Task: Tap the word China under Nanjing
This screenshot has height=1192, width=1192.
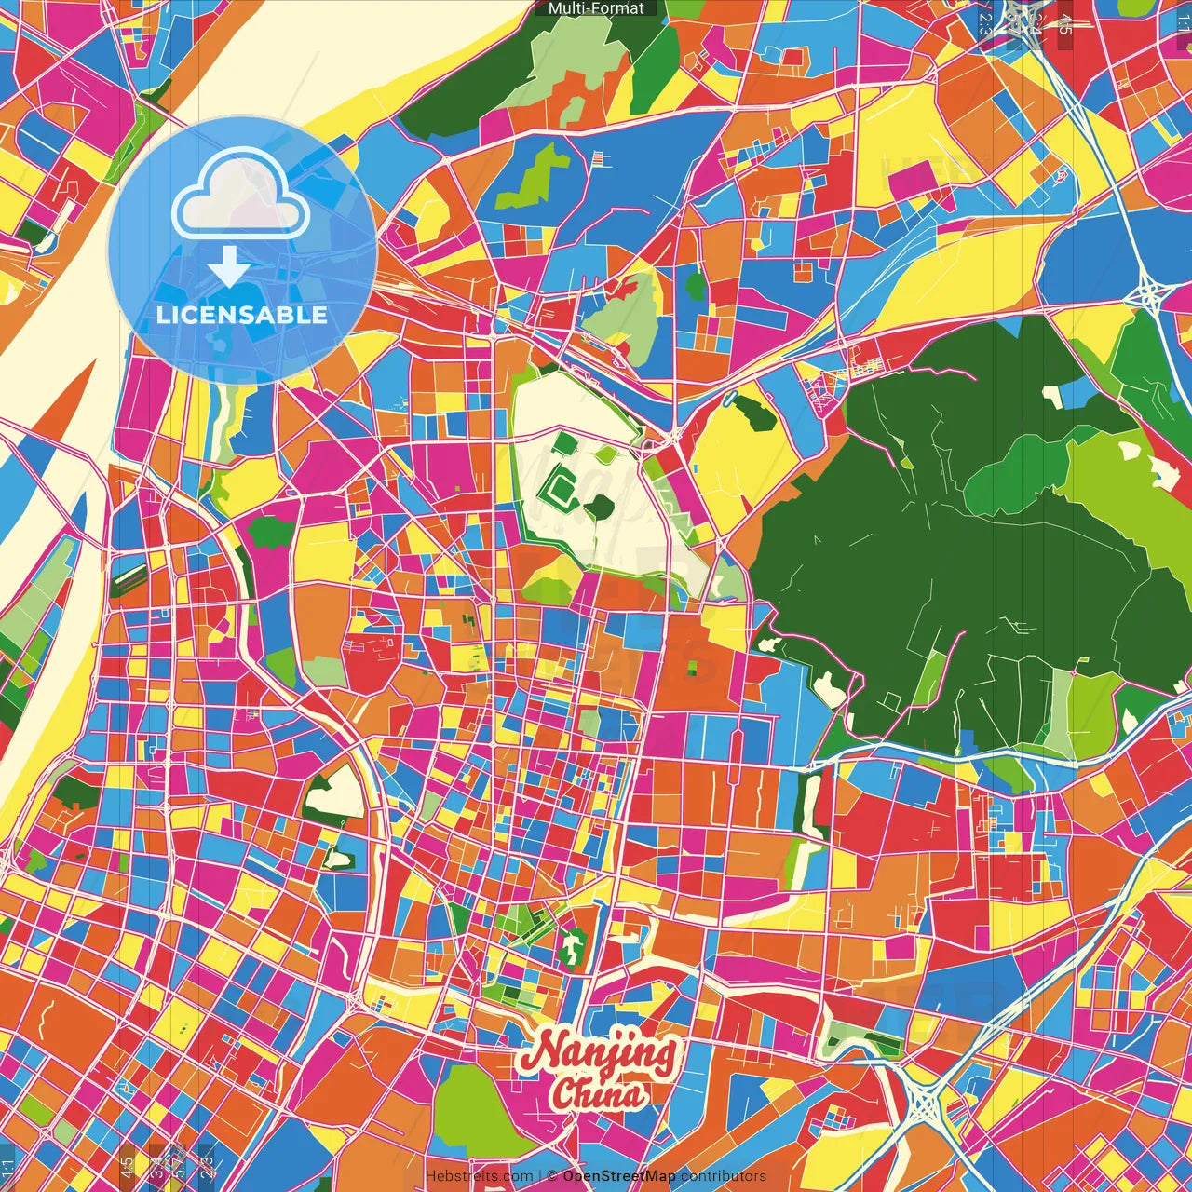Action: tap(597, 1093)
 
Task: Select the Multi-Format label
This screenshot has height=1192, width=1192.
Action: tap(596, 8)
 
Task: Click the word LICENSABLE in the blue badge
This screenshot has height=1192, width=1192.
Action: tap(242, 315)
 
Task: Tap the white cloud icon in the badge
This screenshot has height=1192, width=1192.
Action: tap(241, 195)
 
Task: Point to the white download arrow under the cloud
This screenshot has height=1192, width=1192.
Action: tap(228, 266)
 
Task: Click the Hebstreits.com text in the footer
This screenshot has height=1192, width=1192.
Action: tap(480, 1176)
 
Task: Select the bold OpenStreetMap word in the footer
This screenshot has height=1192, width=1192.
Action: tap(619, 1176)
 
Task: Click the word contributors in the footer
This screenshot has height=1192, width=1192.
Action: tap(724, 1176)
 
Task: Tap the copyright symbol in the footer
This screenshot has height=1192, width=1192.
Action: tap(552, 1176)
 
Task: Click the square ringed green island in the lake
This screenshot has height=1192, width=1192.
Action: tap(562, 485)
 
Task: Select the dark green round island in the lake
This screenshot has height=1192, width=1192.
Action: tap(601, 508)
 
